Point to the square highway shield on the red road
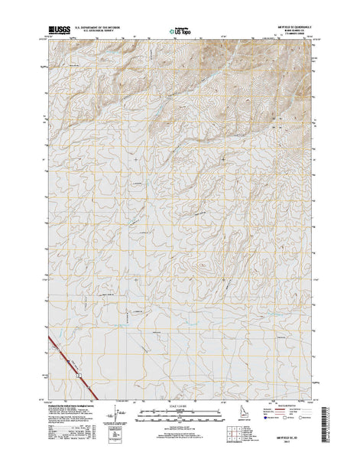pos(78,376)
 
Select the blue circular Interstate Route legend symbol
pos(268,418)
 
